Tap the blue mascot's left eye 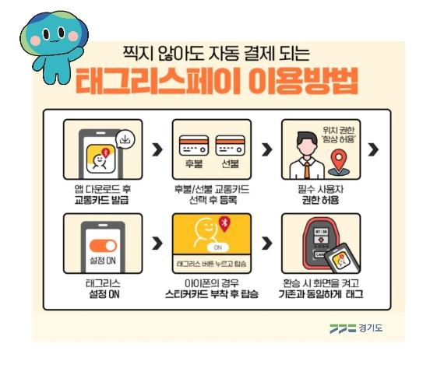point(46,34)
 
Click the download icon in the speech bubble point(125,139)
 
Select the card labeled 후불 point(194,145)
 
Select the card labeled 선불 point(231,145)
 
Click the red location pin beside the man point(339,159)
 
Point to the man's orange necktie point(307,170)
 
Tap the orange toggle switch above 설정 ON point(103,246)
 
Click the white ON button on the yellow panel point(217,247)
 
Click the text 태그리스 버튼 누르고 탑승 point(212,263)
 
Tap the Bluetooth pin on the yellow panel point(225,224)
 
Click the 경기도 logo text point(371,328)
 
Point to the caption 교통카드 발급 point(102,200)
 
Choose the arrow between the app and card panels point(157,149)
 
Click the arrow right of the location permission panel point(373,149)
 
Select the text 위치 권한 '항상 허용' point(339,135)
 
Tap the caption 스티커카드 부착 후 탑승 point(212,294)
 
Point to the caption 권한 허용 point(320,200)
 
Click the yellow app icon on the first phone point(101,159)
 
